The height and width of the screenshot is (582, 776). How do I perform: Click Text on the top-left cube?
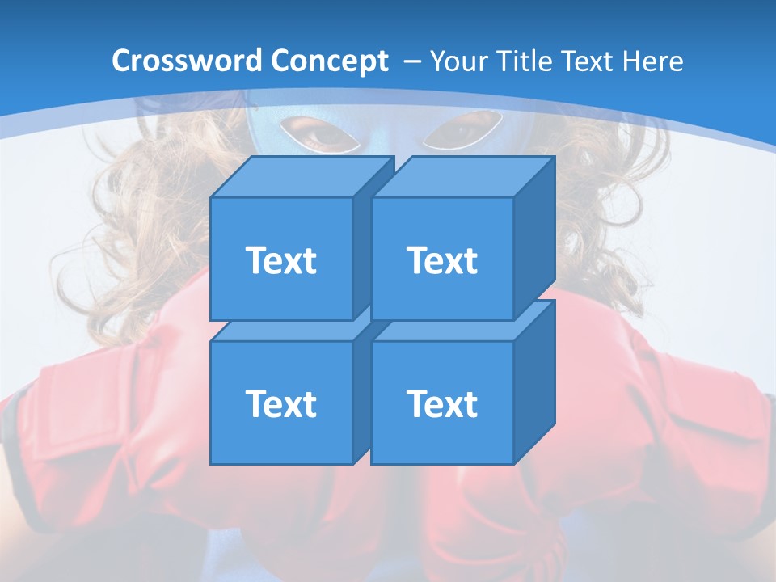[x=280, y=260]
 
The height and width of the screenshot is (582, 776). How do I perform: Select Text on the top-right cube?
[x=442, y=260]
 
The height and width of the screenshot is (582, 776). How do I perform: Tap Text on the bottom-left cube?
[x=280, y=403]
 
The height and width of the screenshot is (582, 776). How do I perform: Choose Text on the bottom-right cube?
[x=442, y=403]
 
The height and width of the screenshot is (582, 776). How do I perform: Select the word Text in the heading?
[x=588, y=61]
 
